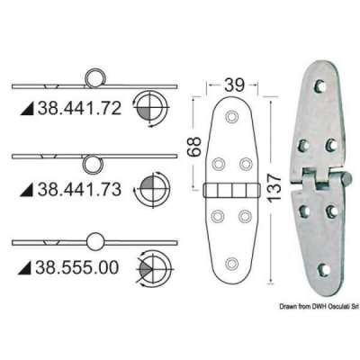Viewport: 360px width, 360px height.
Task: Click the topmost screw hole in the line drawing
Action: point(233,117)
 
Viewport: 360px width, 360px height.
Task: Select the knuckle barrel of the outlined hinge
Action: point(232,190)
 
